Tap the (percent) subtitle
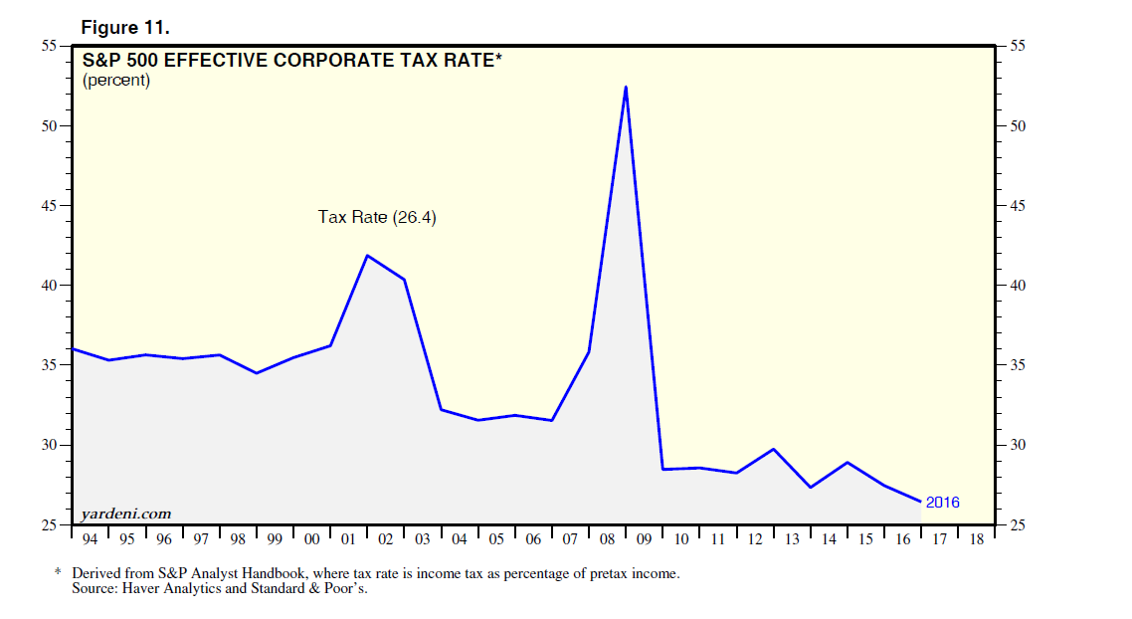tap(116, 81)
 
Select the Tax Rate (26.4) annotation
tap(377, 217)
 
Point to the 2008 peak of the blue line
tap(626, 87)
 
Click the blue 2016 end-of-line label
tap(942, 503)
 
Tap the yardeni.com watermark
tap(126, 514)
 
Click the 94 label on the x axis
tap(91, 539)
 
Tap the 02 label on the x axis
tap(385, 539)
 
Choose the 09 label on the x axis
tap(644, 539)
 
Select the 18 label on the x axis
tap(976, 539)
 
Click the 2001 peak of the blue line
tap(367, 256)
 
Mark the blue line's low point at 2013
tap(811, 487)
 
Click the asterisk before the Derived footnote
tap(58, 574)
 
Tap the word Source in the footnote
tap(93, 589)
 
